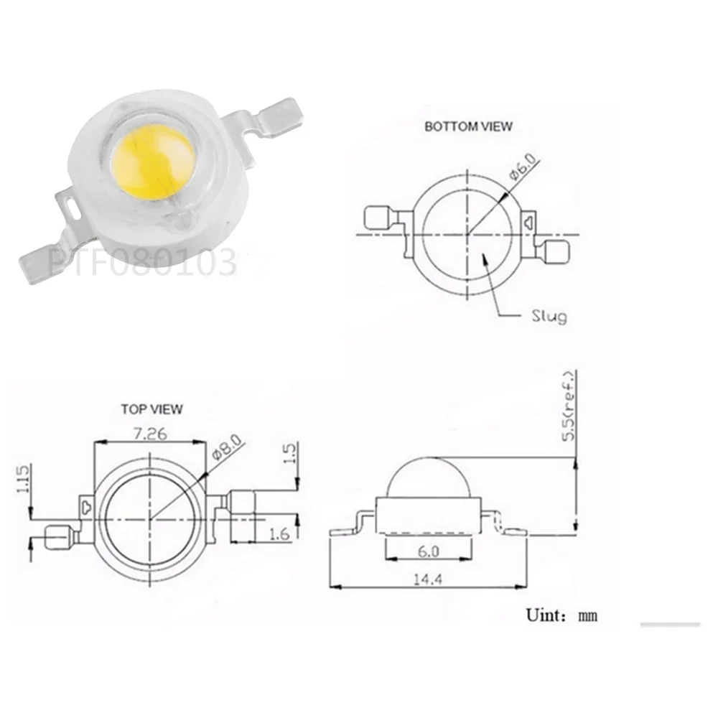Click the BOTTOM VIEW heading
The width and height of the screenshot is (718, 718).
(x=468, y=126)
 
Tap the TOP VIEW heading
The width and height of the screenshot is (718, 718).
(x=151, y=409)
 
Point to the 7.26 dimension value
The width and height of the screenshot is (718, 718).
(x=149, y=435)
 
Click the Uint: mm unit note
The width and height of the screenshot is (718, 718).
(x=561, y=615)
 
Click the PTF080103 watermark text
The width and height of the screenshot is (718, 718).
(x=141, y=263)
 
